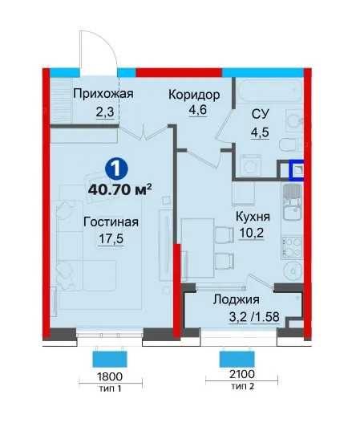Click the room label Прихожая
103,94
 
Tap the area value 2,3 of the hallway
103,113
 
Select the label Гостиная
111,222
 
